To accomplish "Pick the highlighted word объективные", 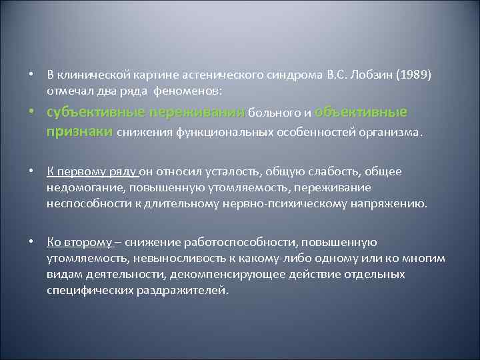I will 360,112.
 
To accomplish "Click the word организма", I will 392,132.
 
